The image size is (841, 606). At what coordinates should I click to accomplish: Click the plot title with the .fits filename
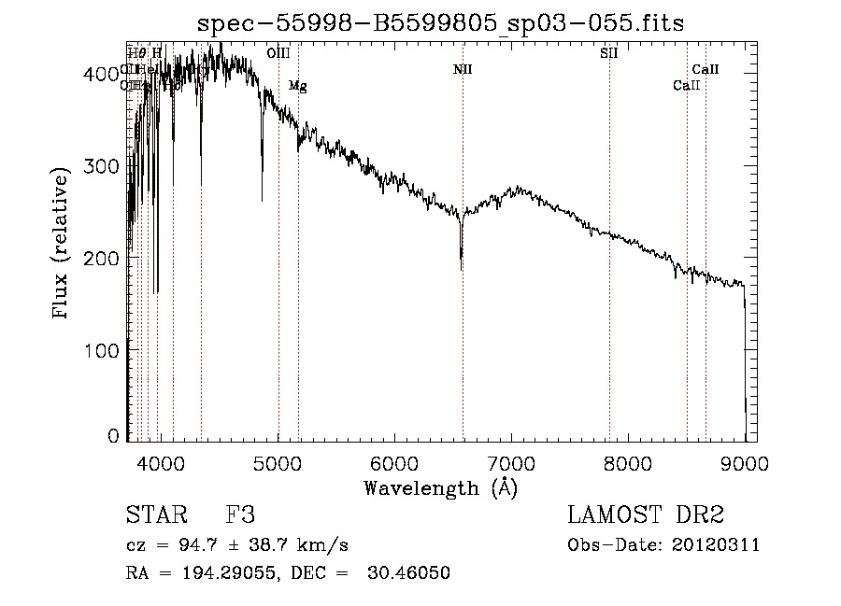click(x=441, y=24)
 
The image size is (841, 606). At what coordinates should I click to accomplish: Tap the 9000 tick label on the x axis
click(x=745, y=464)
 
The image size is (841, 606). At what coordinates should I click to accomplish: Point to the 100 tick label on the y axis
click(x=99, y=349)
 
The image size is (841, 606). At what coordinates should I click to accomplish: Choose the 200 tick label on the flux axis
click(x=99, y=258)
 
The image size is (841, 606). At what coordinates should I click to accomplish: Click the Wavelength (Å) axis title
click(x=440, y=487)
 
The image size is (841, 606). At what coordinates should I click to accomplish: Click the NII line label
click(x=463, y=69)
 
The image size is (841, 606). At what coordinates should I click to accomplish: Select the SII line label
click(x=608, y=53)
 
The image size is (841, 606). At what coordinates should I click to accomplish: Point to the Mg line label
click(x=297, y=86)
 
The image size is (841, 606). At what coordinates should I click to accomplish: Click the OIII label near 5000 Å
click(x=278, y=53)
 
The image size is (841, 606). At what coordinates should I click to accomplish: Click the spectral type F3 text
click(x=240, y=516)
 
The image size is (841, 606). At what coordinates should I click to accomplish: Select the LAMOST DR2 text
click(x=646, y=516)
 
